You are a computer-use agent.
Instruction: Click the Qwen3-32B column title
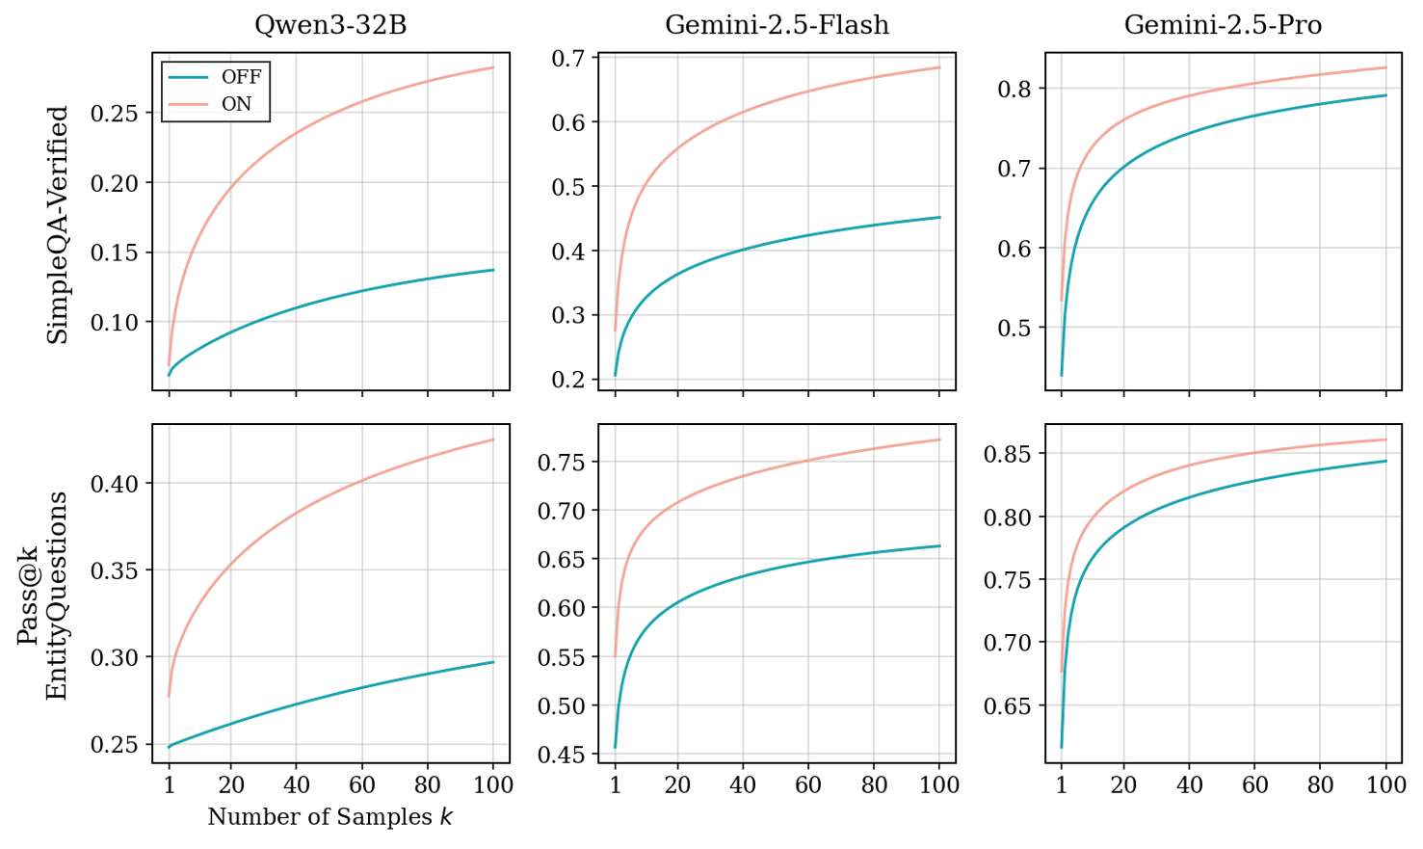(x=330, y=25)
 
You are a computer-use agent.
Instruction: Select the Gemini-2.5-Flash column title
(x=777, y=25)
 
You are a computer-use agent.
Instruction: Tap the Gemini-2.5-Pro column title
(x=1223, y=25)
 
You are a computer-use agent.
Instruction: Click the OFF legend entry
(x=241, y=78)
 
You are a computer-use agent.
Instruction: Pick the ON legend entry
(x=236, y=104)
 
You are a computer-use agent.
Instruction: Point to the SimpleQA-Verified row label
(x=58, y=225)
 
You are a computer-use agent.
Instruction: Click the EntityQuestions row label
(x=58, y=596)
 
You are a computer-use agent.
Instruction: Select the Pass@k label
(x=28, y=596)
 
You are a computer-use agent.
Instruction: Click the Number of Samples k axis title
(x=330, y=817)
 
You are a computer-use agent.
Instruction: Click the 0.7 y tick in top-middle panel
(x=568, y=59)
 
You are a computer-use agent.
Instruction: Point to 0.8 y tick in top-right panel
(x=1015, y=89)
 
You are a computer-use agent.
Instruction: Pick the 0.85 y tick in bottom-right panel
(x=1007, y=454)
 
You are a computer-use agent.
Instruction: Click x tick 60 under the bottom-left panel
(x=361, y=784)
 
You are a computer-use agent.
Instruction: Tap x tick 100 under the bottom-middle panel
(x=939, y=784)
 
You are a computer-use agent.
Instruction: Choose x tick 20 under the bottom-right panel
(x=1123, y=784)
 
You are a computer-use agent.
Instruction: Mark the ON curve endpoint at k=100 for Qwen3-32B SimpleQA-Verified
(x=493, y=67)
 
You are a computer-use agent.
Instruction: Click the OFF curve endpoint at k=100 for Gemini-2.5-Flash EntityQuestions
(x=939, y=546)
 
